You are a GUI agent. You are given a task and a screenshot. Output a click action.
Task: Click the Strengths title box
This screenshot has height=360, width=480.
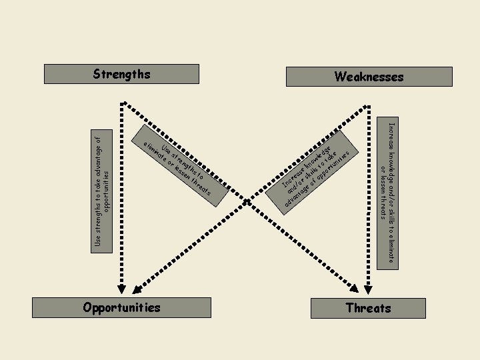tap(121, 73)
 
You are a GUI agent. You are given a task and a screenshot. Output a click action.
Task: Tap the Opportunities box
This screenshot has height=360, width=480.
tap(122, 307)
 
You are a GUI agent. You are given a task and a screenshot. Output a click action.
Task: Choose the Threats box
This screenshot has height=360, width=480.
tap(368, 308)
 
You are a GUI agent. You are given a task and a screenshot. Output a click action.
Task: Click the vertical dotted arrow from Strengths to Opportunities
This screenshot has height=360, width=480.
tap(121, 200)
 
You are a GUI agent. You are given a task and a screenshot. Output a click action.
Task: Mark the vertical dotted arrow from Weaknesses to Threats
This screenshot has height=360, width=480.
tap(367, 200)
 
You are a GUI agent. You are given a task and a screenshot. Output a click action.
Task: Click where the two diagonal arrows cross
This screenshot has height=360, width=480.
tap(245, 200)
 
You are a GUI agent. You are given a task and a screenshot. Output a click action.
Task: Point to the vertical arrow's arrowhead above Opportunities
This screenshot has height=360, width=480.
tap(121, 289)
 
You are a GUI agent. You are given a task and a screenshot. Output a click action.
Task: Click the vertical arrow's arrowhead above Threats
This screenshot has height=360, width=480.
tap(367, 289)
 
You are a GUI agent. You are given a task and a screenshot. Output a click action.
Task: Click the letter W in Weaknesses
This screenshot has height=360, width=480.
tap(340, 77)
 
